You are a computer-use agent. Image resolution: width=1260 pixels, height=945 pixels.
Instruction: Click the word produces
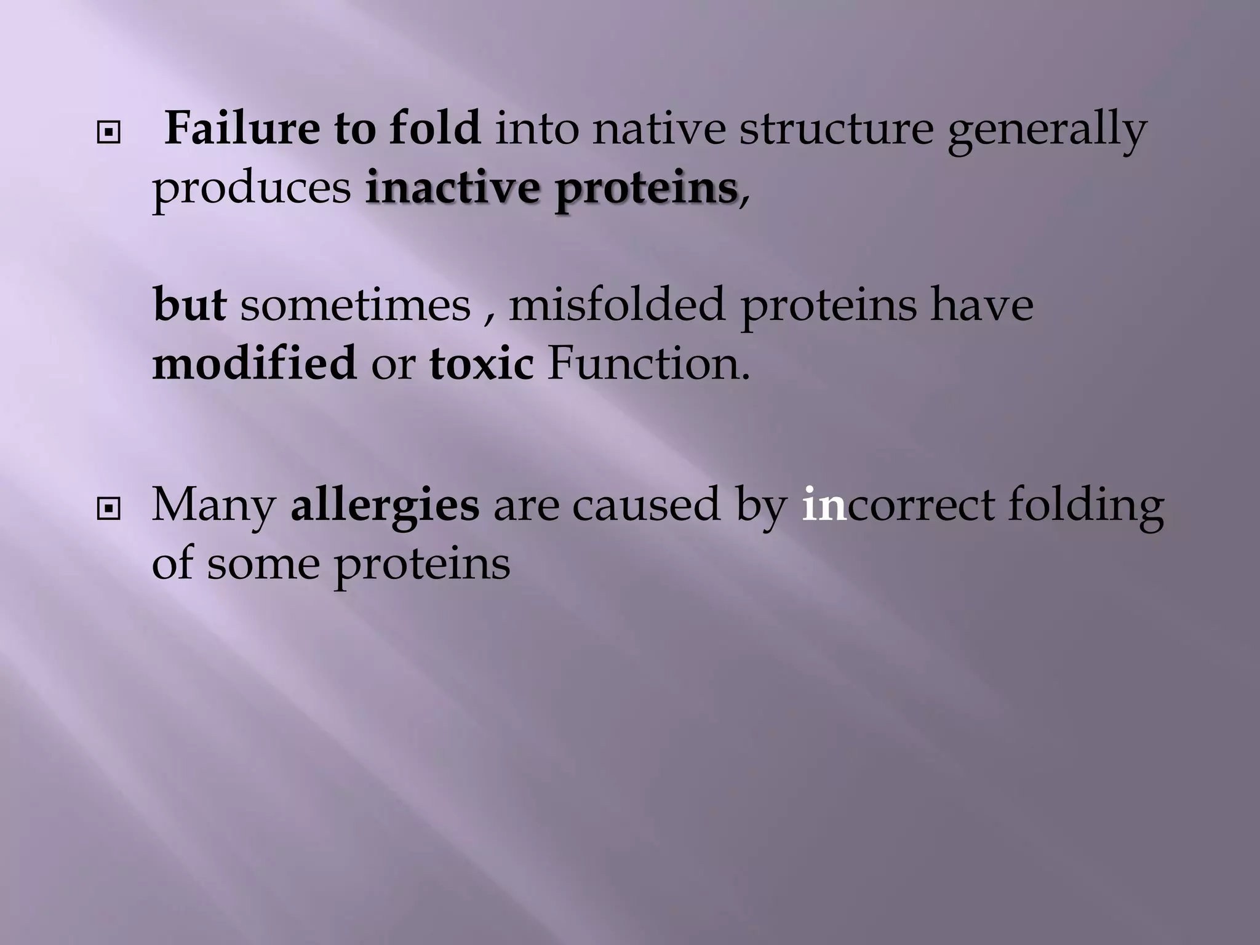pos(252,189)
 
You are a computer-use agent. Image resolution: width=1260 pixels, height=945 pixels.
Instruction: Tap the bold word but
pos(189,304)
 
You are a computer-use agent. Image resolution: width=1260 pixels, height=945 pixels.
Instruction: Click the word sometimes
pos(355,305)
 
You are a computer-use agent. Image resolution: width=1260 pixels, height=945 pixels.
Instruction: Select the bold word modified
pos(254,363)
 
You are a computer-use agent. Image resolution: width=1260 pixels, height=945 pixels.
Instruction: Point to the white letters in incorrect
pos(824,504)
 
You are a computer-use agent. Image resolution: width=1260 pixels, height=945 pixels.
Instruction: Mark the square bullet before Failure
pos(109,132)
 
